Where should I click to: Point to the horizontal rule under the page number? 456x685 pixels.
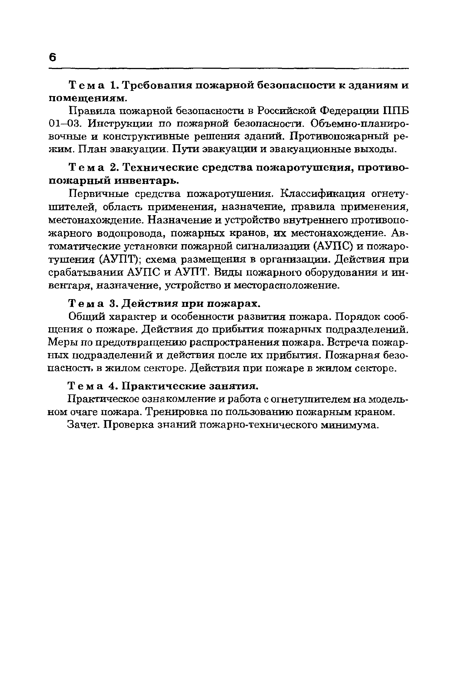coord(228,69)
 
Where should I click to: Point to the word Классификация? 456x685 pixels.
coord(323,194)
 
